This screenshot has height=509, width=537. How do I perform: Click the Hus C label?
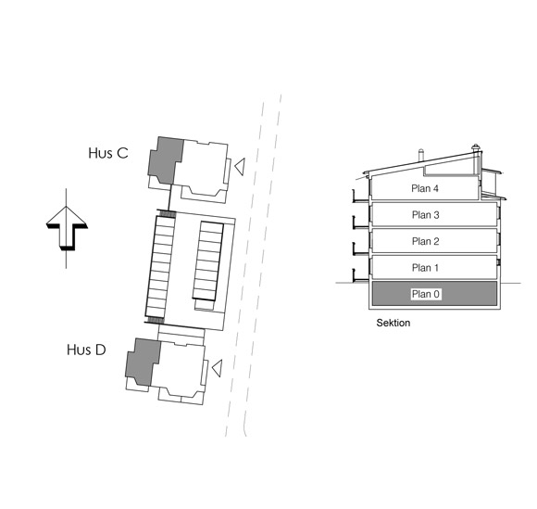click(x=108, y=153)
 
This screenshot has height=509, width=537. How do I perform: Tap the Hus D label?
click(x=86, y=350)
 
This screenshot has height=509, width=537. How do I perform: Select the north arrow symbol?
click(x=67, y=228)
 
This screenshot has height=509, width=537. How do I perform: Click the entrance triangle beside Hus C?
click(x=240, y=167)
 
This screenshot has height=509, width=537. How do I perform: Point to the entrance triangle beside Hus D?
click(x=217, y=368)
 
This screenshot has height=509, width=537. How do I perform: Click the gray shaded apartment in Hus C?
click(x=166, y=160)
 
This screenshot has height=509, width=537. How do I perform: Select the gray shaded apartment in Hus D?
click(x=144, y=362)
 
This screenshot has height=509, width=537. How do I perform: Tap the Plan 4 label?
click(x=425, y=188)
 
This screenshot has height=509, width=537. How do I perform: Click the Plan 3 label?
click(x=425, y=215)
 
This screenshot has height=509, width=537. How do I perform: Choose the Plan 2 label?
click(x=425, y=241)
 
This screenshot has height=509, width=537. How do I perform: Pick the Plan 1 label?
click(x=425, y=268)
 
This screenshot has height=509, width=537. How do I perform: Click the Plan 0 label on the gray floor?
click(x=426, y=294)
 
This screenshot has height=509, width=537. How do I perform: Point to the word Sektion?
click(x=393, y=323)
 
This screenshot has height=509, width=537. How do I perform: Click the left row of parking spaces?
click(x=160, y=267)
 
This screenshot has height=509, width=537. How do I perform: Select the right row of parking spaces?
click(x=208, y=261)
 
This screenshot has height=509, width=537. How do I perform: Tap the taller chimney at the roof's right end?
click(x=475, y=159)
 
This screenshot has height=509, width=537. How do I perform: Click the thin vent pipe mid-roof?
click(x=421, y=155)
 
